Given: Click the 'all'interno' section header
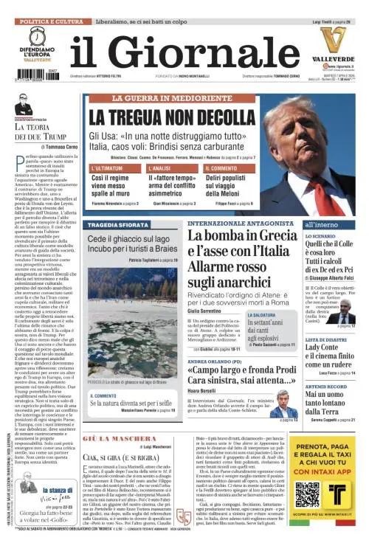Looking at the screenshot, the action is click(322, 223).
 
